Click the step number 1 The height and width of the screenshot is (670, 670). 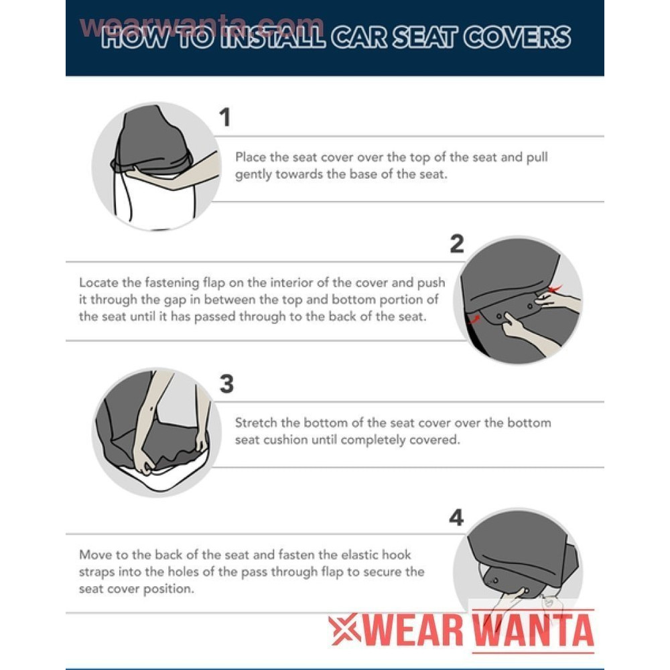[x=225, y=117]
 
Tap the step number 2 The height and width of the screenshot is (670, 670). [x=457, y=244]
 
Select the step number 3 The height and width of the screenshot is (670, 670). [x=226, y=383]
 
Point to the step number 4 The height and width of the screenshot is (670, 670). [x=456, y=517]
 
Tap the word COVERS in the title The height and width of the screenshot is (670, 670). [x=517, y=37]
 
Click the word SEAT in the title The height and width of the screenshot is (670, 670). [x=425, y=37]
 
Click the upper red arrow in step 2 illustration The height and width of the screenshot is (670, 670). [x=555, y=289]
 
